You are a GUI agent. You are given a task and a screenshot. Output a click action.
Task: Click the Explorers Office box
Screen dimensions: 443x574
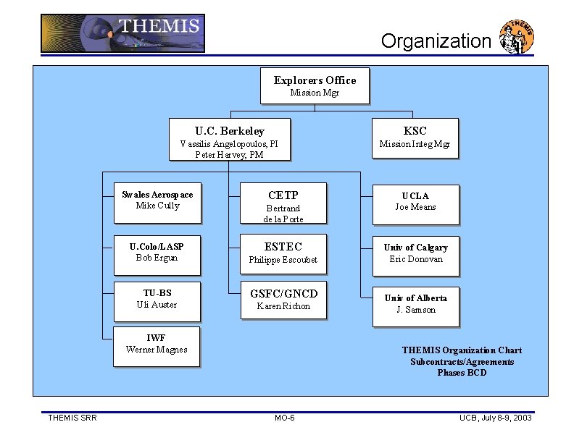315,85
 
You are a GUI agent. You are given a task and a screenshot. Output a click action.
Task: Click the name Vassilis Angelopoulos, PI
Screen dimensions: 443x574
229,143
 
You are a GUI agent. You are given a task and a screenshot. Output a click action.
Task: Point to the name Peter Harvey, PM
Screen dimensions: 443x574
229,154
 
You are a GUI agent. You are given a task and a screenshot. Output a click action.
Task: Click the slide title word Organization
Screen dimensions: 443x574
436,41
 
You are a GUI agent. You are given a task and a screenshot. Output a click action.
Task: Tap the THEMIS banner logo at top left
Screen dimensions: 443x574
122,33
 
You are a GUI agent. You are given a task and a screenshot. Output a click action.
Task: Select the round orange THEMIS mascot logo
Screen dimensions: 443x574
517,38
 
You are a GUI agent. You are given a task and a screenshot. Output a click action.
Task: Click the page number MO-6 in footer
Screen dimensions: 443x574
285,418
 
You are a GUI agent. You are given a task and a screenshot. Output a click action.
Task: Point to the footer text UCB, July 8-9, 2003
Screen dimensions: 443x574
496,418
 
